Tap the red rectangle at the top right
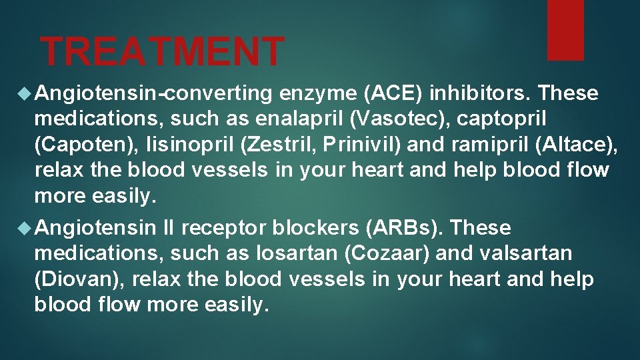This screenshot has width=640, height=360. (x=565, y=29)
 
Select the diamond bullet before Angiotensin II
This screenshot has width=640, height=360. (x=26, y=229)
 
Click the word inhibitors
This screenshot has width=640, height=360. (x=465, y=94)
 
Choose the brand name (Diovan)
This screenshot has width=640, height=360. (x=77, y=279)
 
